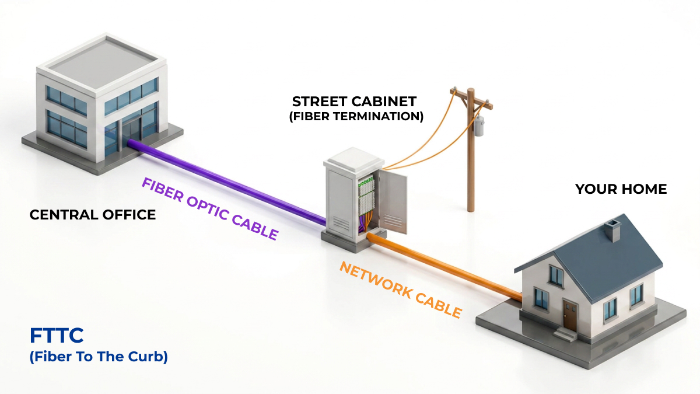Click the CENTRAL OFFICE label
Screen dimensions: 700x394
point(93,215)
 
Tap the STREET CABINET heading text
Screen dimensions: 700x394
point(354,102)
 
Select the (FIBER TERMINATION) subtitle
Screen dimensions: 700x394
point(356,116)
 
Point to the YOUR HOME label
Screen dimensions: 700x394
point(621,189)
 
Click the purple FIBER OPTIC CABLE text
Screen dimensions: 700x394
point(209,208)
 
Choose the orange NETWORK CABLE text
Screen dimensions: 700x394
point(400,290)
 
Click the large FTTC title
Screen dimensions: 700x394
point(57,336)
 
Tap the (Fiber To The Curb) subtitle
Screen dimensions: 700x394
point(99,357)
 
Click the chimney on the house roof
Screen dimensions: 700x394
point(612,231)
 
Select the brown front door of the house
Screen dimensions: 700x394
point(570,314)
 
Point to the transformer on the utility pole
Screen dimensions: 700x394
point(478,126)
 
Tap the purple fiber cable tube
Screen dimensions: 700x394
point(227,182)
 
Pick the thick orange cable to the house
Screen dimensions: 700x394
point(444,267)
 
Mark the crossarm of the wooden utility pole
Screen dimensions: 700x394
point(471,98)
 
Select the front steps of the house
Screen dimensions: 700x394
point(565,334)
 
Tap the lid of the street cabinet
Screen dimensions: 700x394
point(353,160)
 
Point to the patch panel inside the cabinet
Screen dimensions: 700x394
point(366,196)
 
